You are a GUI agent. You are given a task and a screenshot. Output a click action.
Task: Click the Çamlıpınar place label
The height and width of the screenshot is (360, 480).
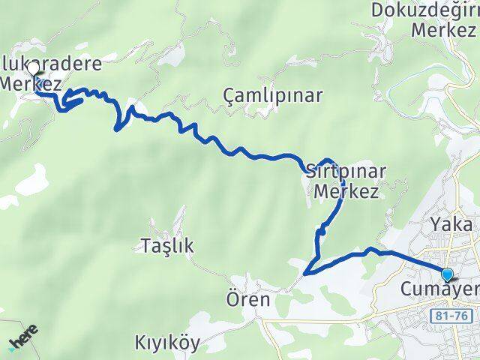(x=273, y=96)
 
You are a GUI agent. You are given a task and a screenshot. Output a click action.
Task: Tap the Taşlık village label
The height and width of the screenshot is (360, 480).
(x=167, y=244)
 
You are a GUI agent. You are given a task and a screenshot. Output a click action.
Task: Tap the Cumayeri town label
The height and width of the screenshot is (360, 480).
(x=439, y=289)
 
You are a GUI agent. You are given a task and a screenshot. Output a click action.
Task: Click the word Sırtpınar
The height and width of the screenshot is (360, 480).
(x=346, y=171)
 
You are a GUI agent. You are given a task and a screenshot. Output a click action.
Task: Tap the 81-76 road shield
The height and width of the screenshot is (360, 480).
(x=452, y=317)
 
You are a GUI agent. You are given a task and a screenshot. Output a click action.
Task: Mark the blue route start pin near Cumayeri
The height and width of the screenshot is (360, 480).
(x=448, y=274)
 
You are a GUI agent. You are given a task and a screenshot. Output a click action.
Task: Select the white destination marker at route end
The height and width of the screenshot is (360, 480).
(x=32, y=68)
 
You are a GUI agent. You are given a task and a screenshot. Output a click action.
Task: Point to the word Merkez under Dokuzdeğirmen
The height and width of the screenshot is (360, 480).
(x=444, y=31)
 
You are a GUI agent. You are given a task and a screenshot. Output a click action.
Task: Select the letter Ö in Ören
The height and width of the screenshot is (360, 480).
(x=232, y=299)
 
